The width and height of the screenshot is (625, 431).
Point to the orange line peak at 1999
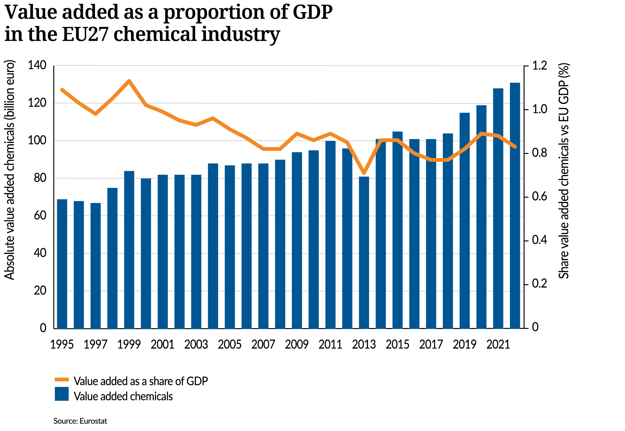click(x=129, y=81)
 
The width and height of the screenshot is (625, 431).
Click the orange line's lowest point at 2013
click(x=364, y=173)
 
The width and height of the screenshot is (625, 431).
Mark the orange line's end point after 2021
click(x=515, y=146)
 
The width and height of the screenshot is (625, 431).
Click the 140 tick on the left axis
click(x=37, y=66)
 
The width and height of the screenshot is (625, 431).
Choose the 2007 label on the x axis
click(x=263, y=345)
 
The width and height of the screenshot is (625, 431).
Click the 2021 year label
click(x=498, y=345)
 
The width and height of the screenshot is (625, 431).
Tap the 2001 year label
click(x=162, y=345)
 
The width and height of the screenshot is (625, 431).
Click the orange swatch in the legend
click(x=62, y=380)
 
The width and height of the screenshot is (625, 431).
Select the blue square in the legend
click(x=62, y=394)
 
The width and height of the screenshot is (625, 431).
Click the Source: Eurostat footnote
click(x=80, y=421)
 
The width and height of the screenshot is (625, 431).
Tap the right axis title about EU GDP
click(x=564, y=171)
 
